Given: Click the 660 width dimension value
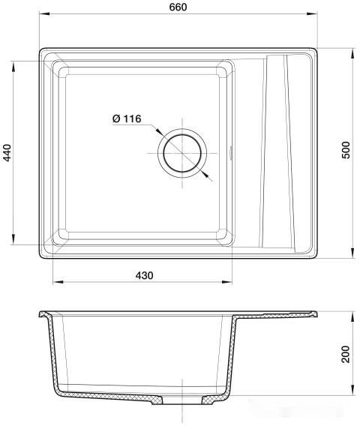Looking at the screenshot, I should [178, 7].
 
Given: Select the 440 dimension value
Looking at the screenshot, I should [8, 154].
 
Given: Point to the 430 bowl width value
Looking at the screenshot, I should [144, 275].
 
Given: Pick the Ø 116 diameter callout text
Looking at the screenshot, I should [127, 118].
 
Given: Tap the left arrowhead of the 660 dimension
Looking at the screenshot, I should [42, 14].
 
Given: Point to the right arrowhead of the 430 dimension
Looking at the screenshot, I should [229, 283].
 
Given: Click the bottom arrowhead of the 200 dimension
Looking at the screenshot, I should [352, 390].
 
